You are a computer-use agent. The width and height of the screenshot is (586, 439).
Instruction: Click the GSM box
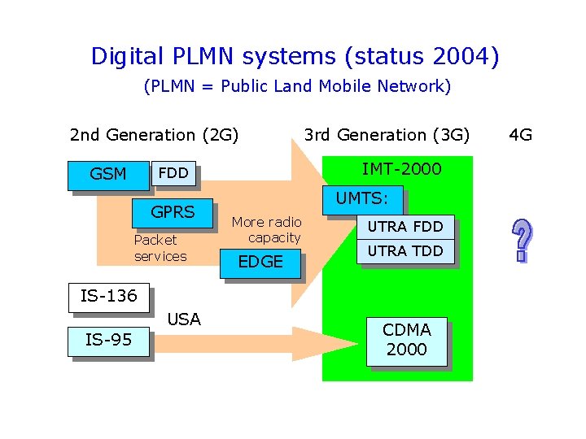(107, 174)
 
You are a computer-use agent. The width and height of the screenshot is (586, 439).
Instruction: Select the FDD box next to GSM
(173, 173)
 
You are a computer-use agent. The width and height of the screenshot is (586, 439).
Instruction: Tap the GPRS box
(173, 213)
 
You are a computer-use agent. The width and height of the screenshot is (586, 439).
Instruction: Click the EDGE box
(260, 262)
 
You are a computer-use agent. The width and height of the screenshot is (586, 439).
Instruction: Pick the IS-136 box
(109, 296)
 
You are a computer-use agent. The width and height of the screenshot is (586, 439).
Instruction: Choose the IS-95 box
(109, 340)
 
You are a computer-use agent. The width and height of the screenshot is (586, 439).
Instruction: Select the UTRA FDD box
(405, 227)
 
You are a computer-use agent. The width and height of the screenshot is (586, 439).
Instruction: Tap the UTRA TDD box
(405, 251)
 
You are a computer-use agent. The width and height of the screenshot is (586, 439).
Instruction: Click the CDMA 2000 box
(407, 340)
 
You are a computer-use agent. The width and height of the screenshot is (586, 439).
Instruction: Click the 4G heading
(520, 135)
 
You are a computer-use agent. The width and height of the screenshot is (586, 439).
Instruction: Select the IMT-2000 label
(401, 169)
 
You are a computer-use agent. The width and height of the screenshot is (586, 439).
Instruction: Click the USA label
(183, 319)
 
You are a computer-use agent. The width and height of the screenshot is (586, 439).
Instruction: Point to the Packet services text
(160, 248)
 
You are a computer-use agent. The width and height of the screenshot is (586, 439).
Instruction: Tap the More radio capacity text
(266, 230)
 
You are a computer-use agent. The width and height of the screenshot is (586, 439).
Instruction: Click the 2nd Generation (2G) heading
(154, 135)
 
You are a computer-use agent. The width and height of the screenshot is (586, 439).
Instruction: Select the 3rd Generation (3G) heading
(387, 135)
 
